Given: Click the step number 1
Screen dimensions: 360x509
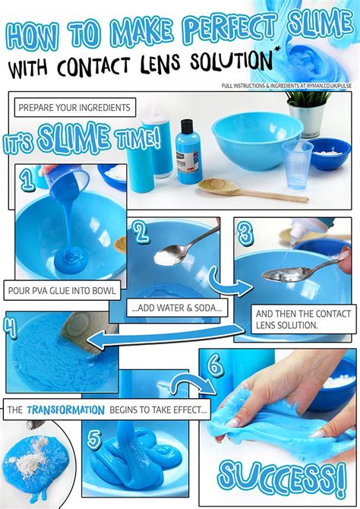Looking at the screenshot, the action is click(27, 180).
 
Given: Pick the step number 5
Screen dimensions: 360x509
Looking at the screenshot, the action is click(95, 440).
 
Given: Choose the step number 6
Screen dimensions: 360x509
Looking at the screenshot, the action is click(215, 366).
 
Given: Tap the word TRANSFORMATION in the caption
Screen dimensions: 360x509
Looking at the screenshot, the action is click(65, 409).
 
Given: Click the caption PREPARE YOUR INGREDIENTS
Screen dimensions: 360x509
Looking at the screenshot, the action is click(74, 107).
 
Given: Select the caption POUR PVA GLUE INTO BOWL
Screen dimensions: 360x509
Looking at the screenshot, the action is click(62, 290).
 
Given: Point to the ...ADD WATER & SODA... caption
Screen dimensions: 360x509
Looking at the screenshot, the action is click(177, 308).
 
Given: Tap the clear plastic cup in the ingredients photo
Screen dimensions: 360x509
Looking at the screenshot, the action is click(297, 165).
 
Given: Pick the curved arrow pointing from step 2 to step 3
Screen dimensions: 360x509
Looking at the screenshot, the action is click(229, 282).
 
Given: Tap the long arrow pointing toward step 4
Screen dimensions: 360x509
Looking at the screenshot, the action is click(166, 337).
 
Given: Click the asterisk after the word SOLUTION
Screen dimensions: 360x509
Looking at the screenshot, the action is click(277, 49).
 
